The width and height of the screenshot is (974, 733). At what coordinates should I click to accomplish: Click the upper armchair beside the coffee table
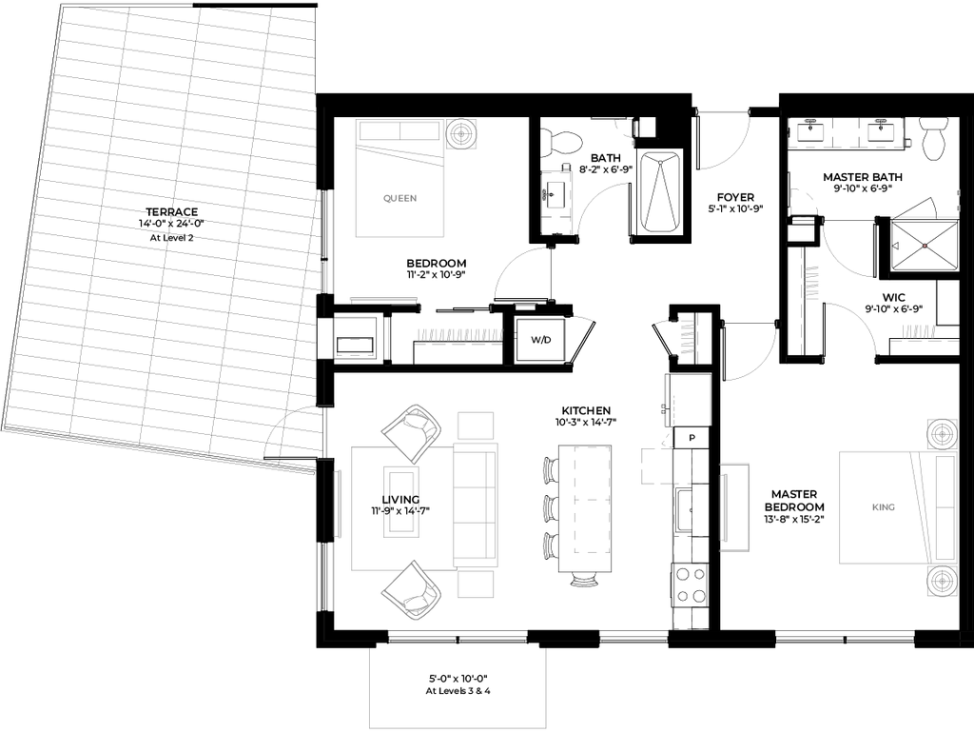click(x=412, y=432)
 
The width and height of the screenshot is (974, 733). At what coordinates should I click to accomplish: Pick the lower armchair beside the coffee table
click(x=412, y=590)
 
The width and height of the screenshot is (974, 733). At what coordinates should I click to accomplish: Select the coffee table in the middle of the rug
click(x=401, y=502)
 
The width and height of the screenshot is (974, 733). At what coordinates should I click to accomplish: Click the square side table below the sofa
click(x=476, y=584)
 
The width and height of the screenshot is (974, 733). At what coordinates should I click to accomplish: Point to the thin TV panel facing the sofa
click(x=338, y=504)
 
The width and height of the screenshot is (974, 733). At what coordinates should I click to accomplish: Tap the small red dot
click(x=925, y=246)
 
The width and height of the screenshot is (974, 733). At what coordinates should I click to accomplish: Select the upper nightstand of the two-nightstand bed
click(x=941, y=433)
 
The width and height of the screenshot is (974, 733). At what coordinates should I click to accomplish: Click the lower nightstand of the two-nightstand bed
click(x=941, y=581)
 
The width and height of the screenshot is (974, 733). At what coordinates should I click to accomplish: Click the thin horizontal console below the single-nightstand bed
click(x=383, y=299)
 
